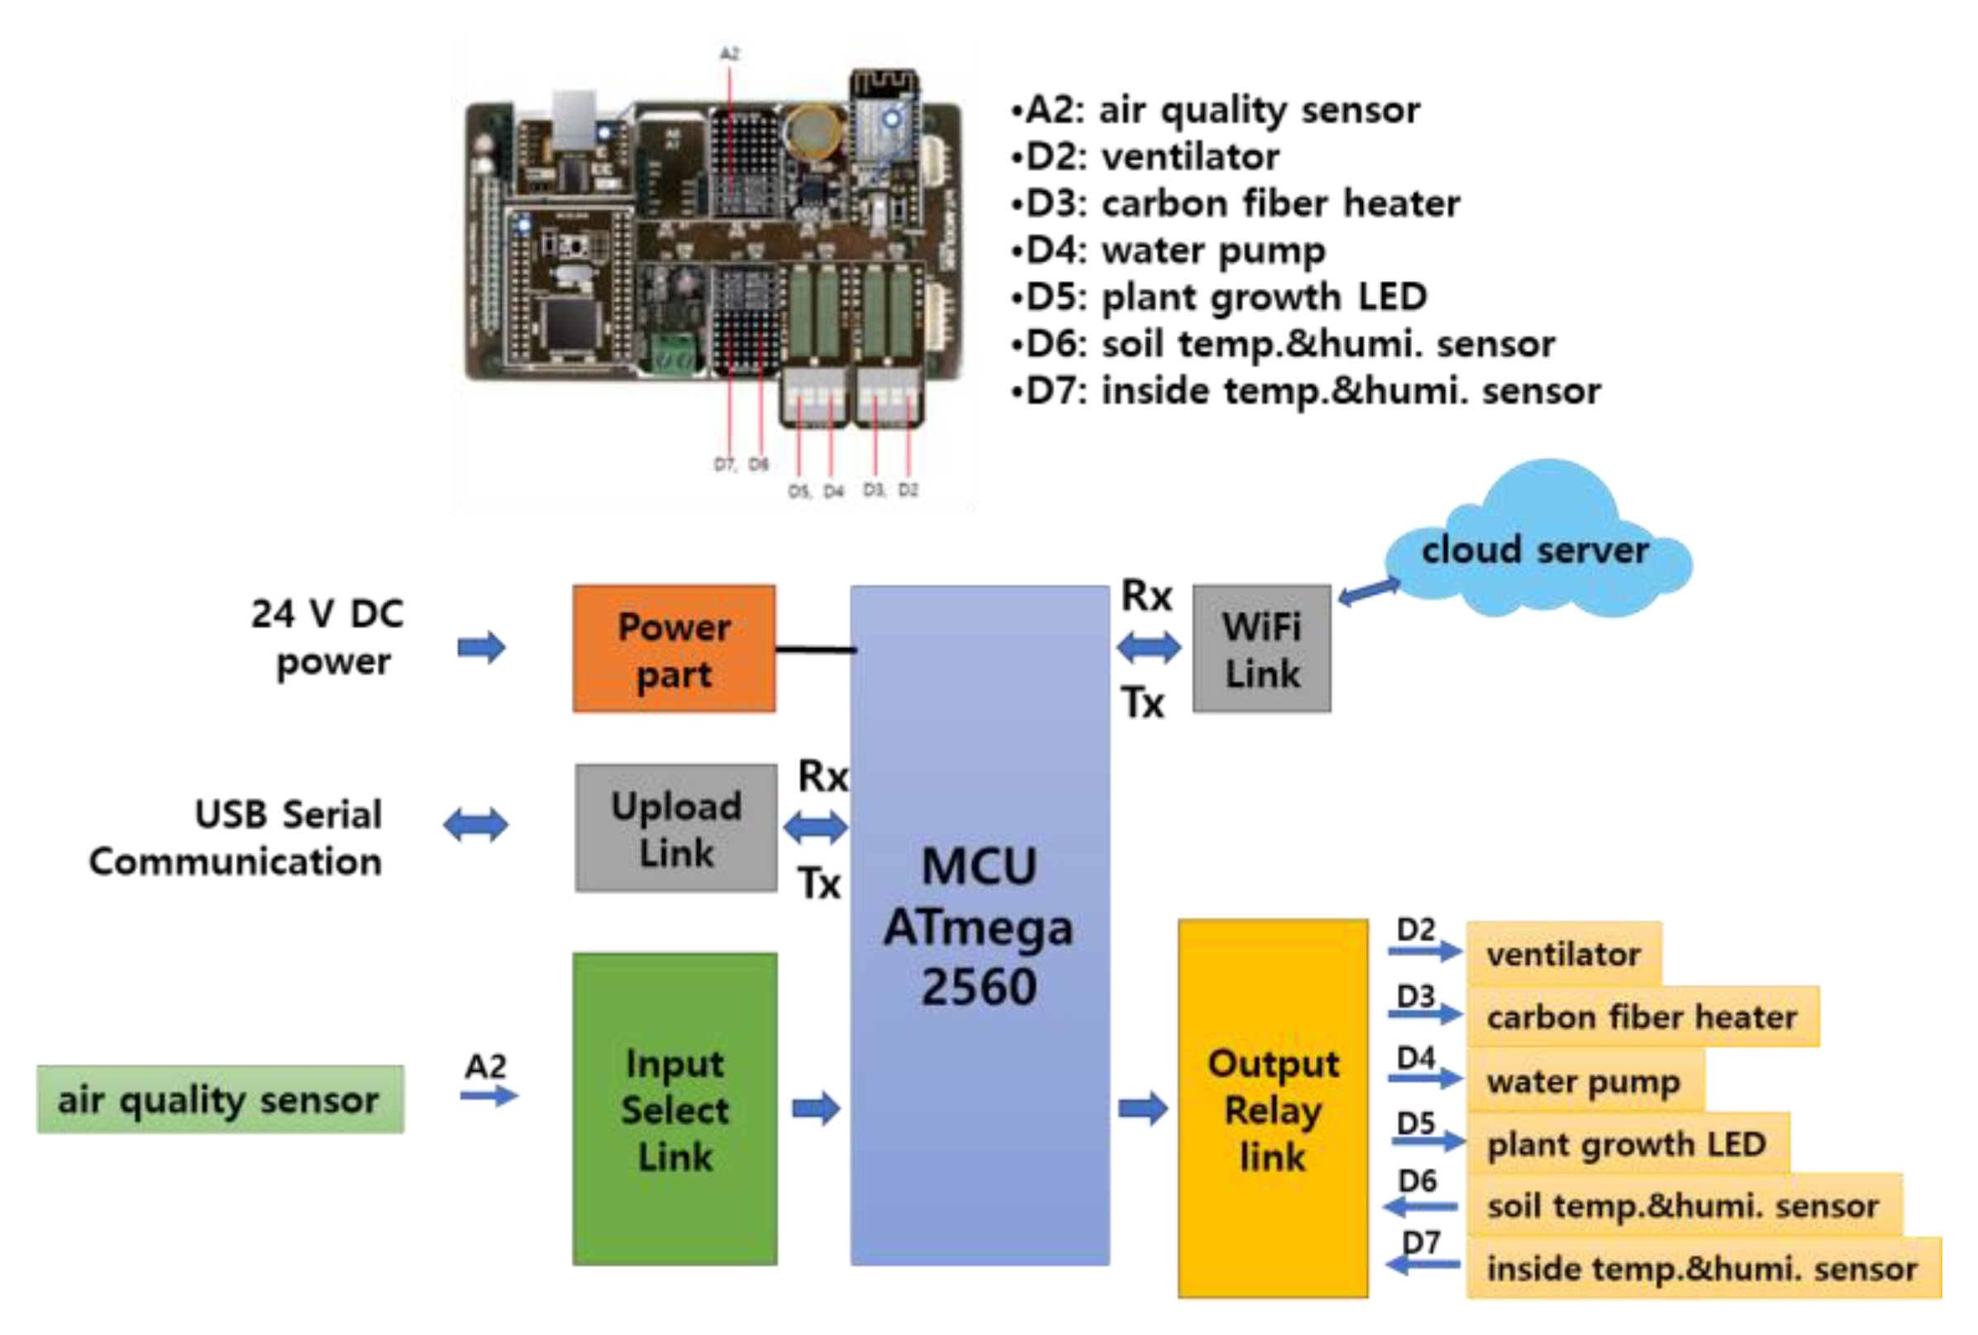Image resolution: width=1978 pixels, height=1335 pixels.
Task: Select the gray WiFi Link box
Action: (x=1261, y=649)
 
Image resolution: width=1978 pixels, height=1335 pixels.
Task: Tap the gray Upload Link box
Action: (x=676, y=828)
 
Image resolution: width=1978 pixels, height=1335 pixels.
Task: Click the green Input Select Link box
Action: (x=674, y=1109)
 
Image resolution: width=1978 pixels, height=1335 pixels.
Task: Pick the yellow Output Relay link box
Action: (x=1272, y=1109)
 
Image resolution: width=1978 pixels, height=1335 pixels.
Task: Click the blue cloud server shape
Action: (x=1537, y=549)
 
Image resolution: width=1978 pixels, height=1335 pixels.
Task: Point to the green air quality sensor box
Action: (x=220, y=1099)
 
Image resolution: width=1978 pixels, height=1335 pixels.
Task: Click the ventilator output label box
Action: (x=1564, y=954)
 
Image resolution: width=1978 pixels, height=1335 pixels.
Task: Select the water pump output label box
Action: (x=1584, y=1080)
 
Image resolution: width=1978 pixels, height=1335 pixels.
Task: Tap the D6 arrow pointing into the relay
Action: (x=1420, y=1205)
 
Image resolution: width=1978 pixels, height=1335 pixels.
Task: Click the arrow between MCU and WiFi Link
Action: (x=1149, y=648)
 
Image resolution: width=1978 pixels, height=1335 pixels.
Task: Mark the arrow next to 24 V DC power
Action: (x=482, y=648)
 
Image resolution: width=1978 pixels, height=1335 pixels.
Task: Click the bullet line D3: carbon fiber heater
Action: (x=1235, y=203)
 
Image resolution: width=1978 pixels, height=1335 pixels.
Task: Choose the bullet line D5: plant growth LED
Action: (x=1219, y=297)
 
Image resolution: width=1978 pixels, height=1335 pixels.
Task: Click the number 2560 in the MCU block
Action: (x=979, y=988)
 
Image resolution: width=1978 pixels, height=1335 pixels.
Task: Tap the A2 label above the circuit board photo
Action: (x=729, y=53)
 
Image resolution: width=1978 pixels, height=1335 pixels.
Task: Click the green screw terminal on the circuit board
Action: (x=671, y=352)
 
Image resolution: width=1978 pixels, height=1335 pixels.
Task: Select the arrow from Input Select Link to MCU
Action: (x=815, y=1109)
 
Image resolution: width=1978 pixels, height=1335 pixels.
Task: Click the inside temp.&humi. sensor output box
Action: (x=1701, y=1269)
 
